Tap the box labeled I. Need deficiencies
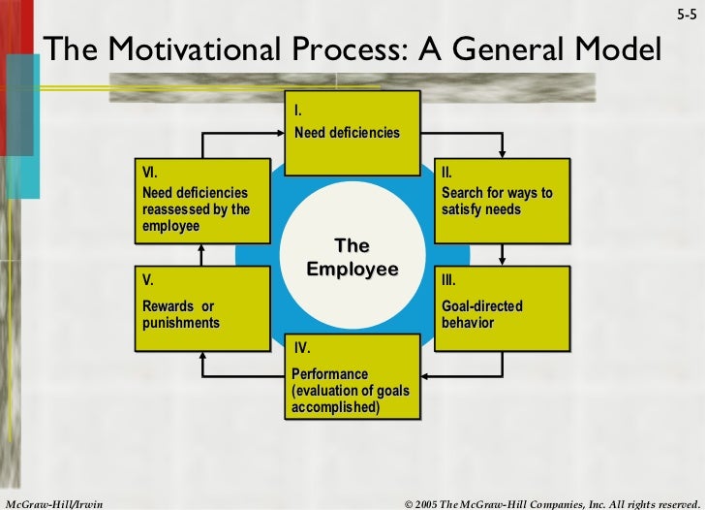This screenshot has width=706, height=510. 353,133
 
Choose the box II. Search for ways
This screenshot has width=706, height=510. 498,201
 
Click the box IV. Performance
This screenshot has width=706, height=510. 353,378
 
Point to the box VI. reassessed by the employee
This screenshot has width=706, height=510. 200,201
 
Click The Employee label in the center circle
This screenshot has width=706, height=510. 352,256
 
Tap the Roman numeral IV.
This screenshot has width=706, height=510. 302,347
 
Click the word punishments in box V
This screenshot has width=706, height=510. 180,321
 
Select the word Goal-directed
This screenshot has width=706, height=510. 481,306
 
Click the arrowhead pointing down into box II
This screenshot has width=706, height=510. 502,152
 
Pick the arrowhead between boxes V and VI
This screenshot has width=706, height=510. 200,247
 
